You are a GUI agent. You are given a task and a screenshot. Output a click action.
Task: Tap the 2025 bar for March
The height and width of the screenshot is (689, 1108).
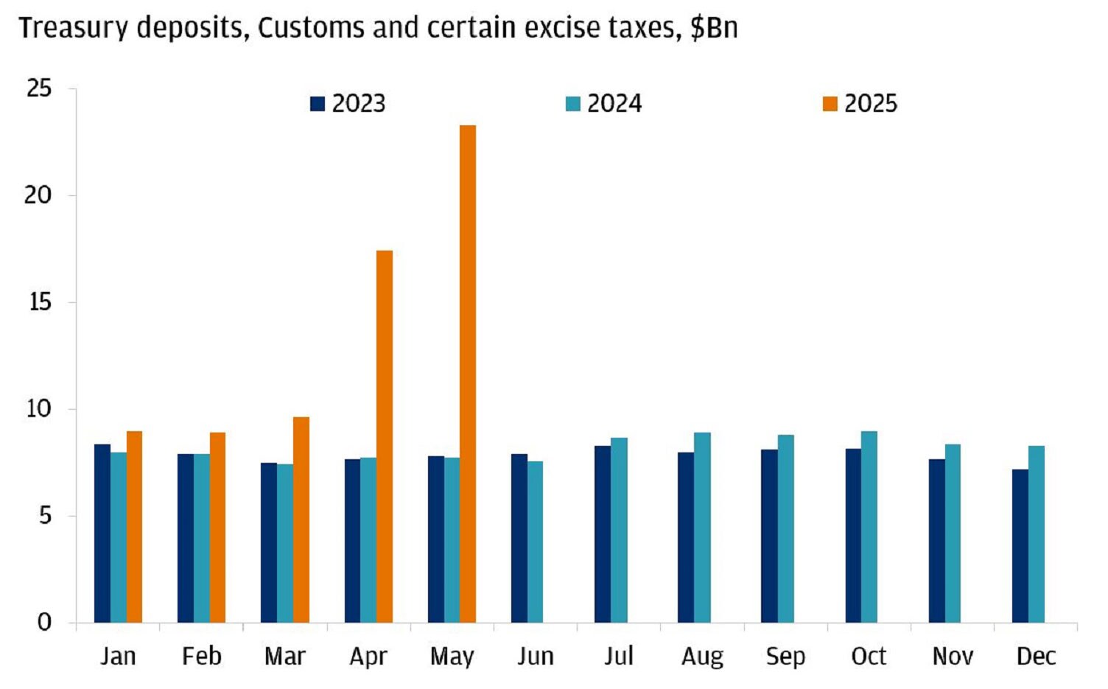coord(301,520)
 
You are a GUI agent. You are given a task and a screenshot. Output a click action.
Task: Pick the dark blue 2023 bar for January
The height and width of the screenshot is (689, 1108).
coord(102,534)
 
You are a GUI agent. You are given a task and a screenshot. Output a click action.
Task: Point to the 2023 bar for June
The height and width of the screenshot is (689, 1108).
coord(519,539)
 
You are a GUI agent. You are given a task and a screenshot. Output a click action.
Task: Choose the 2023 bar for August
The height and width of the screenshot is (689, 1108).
coord(686,538)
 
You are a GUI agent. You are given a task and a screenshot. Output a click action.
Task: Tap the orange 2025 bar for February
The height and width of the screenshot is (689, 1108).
coord(217,528)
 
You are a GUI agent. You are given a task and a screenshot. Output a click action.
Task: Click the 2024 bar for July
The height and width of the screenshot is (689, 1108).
coord(619,531)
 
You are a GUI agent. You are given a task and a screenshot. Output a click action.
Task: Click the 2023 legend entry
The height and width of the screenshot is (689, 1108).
coord(348,104)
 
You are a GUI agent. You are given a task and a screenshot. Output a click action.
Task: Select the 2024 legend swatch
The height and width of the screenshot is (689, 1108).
coord(573,104)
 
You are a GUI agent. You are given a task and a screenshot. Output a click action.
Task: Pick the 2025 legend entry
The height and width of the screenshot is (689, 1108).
coord(860,104)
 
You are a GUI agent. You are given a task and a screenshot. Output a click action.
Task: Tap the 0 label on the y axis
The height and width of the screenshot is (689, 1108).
coord(44,623)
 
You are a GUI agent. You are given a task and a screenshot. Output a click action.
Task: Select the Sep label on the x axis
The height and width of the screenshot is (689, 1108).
coord(785,656)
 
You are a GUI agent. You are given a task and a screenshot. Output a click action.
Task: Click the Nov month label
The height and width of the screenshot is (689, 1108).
coord(953,656)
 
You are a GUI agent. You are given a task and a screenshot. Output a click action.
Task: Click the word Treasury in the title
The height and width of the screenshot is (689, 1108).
coord(74,28)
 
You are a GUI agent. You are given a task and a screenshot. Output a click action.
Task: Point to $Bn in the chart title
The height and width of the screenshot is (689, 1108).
coord(714,28)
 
